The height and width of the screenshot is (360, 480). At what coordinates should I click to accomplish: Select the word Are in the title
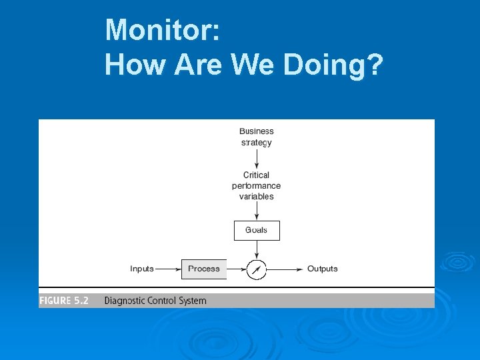pyautogui.click(x=199, y=65)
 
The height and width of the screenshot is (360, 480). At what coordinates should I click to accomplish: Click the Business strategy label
pyautogui.click(x=257, y=137)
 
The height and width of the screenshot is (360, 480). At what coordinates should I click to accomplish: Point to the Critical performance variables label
pyautogui.click(x=257, y=186)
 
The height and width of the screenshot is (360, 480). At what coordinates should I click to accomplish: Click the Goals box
pyautogui.click(x=257, y=230)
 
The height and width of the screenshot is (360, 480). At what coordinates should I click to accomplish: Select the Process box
pyautogui.click(x=204, y=269)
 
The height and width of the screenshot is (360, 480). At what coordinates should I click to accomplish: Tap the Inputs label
pyautogui.click(x=142, y=269)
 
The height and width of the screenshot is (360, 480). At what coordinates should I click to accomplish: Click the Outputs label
pyautogui.click(x=323, y=269)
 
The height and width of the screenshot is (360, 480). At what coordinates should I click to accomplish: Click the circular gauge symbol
pyautogui.click(x=257, y=269)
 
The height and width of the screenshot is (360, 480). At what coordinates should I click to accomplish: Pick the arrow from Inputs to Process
pyautogui.click(x=168, y=269)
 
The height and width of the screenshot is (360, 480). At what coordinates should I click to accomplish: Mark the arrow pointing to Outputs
pyautogui.click(x=285, y=269)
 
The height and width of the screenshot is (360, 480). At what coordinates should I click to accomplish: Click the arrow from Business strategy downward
pyautogui.click(x=257, y=159)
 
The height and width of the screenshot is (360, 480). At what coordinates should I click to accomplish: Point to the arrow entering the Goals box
pyautogui.click(x=257, y=211)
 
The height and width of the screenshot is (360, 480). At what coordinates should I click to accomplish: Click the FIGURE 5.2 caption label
pyautogui.click(x=64, y=301)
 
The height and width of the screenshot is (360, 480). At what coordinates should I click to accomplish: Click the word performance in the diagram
pyautogui.click(x=257, y=186)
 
